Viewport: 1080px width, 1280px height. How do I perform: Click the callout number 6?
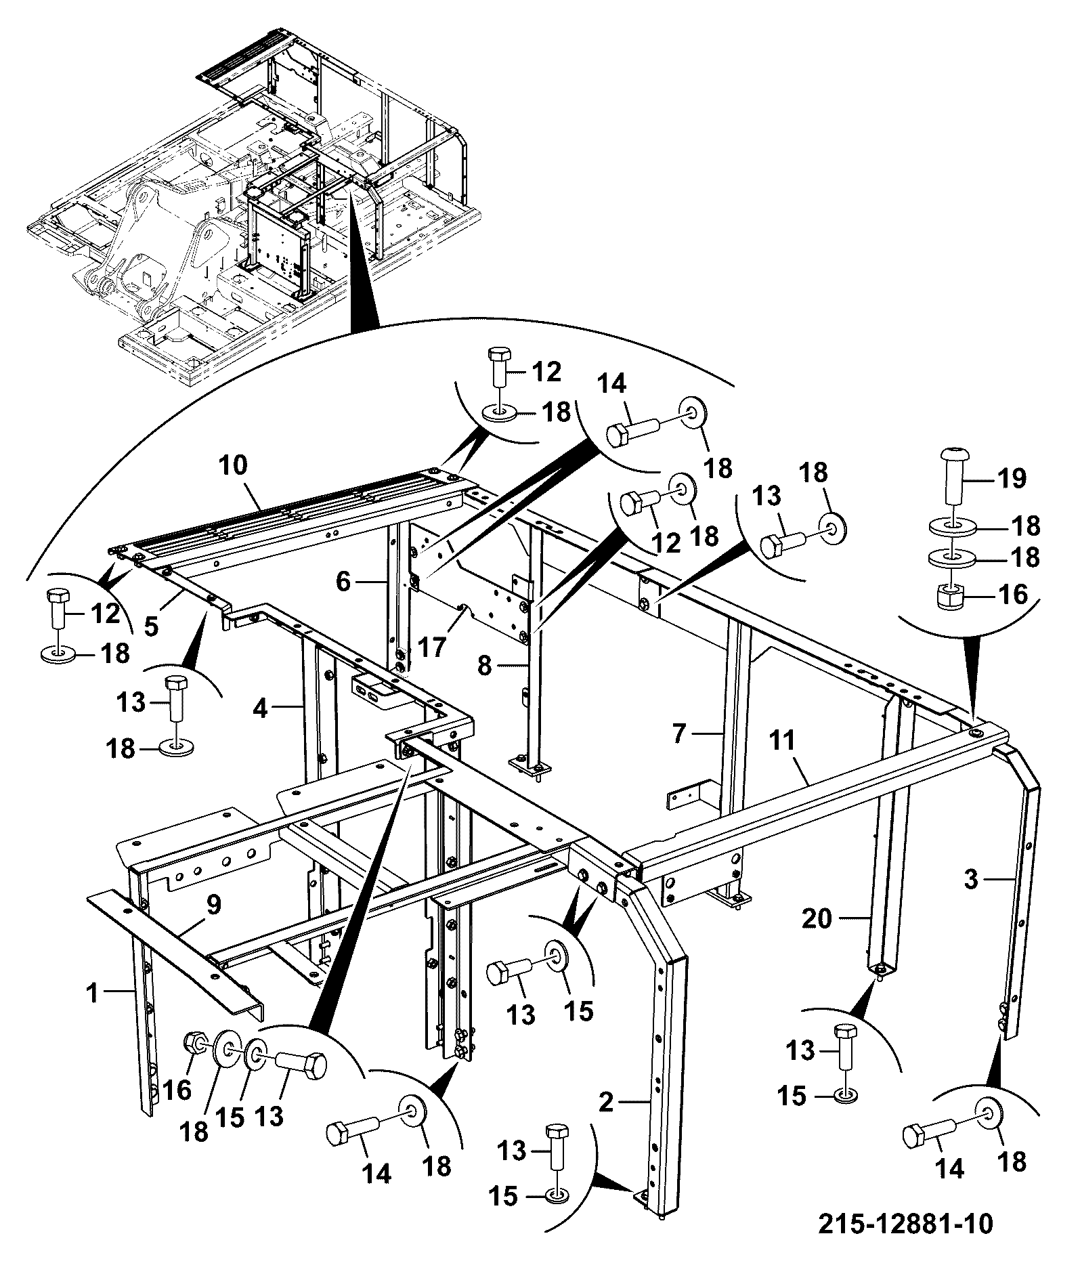pos(344,582)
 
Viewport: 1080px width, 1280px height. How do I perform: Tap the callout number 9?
pos(213,903)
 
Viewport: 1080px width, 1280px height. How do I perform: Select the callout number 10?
pos(233,465)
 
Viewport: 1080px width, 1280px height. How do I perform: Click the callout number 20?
pos(817,919)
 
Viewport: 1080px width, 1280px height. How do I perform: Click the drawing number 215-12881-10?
pos(906,1224)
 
